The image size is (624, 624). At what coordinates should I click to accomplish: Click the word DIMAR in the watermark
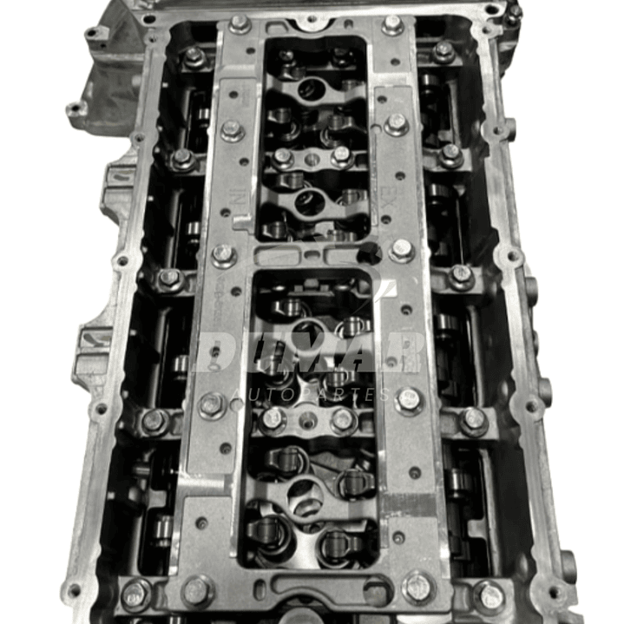click(x=310, y=351)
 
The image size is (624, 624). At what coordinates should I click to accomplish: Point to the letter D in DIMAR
click(x=215, y=351)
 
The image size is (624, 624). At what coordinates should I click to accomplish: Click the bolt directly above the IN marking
click(x=232, y=130)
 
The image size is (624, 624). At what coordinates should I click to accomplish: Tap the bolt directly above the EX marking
click(x=396, y=125)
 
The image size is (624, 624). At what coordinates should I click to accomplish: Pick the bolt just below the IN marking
click(x=223, y=255)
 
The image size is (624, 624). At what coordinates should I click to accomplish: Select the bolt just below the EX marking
click(x=400, y=250)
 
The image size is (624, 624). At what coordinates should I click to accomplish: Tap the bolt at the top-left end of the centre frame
click(x=240, y=23)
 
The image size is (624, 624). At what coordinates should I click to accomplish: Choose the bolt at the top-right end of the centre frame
click(x=392, y=24)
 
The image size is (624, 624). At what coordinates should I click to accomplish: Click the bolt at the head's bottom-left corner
click(x=135, y=594)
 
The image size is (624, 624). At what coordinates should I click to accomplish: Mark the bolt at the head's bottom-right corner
click(x=489, y=595)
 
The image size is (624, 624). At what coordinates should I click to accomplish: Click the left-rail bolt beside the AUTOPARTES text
click(x=212, y=404)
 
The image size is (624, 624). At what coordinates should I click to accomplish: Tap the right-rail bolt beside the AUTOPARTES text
click(x=408, y=400)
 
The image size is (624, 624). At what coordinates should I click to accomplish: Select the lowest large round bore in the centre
click(x=305, y=496)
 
